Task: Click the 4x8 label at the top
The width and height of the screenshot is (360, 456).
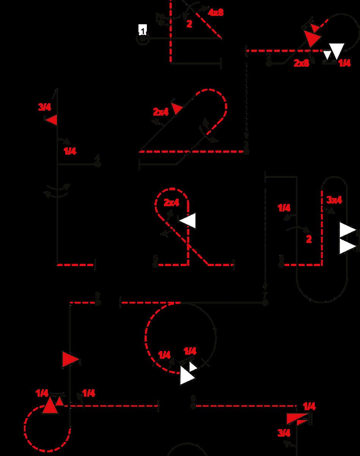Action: pos(215,12)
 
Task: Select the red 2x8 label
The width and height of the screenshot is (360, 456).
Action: pos(302,63)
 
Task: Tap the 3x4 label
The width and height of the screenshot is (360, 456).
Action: pos(334,200)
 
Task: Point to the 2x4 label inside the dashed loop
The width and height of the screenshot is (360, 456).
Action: pos(171,202)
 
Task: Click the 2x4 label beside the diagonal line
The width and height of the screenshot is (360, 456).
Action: pos(161,112)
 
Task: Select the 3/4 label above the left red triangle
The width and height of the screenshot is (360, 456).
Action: pos(44,107)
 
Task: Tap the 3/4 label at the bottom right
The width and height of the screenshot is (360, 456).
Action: pos(284,432)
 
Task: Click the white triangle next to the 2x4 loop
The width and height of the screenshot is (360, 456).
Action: pos(189,220)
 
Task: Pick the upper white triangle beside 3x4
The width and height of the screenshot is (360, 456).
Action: pos(347,230)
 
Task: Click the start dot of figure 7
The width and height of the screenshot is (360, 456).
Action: pos(265,302)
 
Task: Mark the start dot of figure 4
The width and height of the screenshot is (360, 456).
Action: pos(98,165)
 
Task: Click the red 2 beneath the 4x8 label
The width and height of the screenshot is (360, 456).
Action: pos(189,24)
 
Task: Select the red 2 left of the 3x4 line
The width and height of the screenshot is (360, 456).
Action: pos(309,239)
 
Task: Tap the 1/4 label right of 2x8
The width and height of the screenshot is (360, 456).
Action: pos(344,63)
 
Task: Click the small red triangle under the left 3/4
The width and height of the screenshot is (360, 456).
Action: pos(51,120)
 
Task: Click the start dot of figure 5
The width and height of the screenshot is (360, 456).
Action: pos(155,265)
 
